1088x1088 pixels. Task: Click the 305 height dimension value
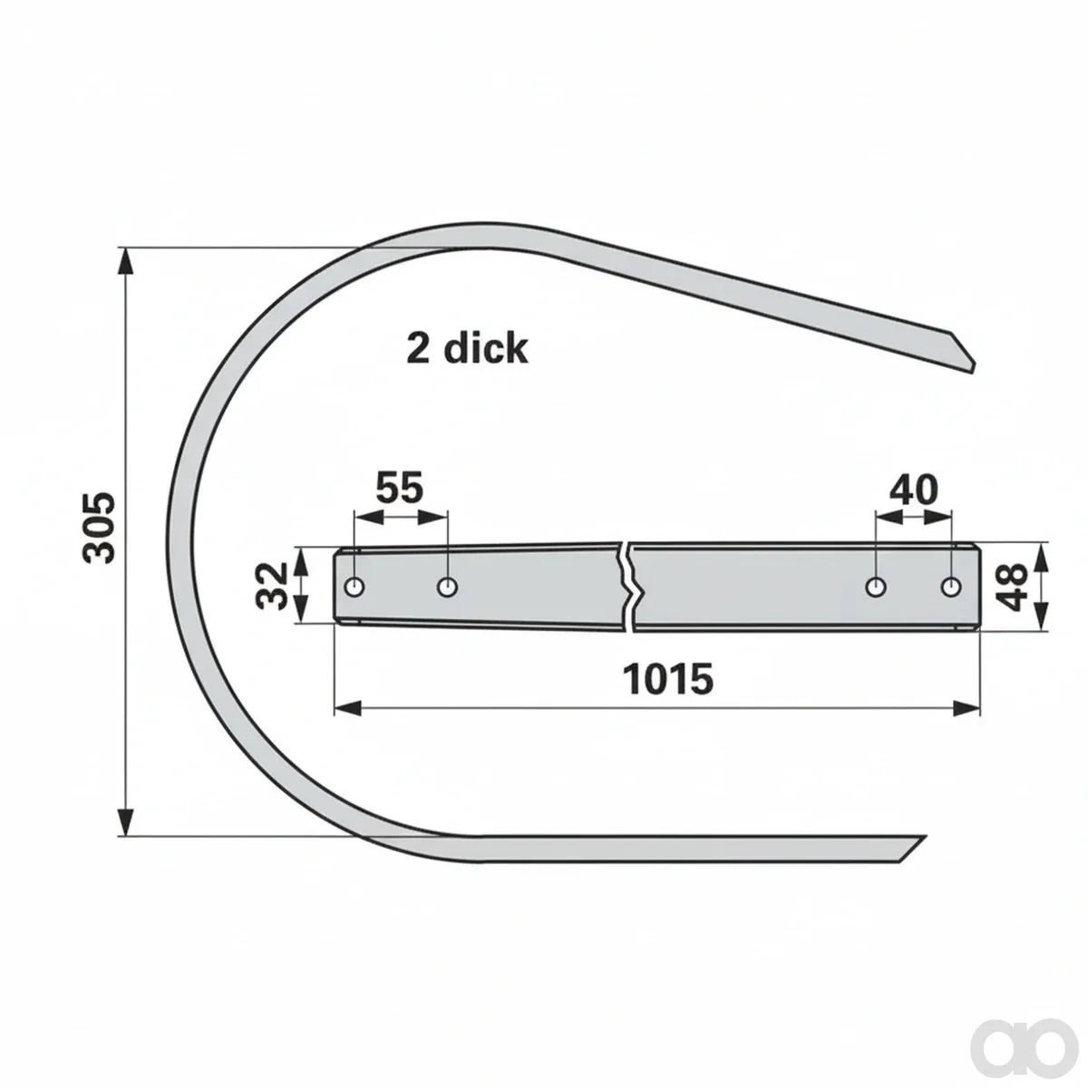click(100, 529)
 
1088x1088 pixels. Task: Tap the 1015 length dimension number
click(668, 679)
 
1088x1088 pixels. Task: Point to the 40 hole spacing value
click(914, 490)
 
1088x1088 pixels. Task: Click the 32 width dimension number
click(272, 588)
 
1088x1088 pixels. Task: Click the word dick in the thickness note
click(486, 348)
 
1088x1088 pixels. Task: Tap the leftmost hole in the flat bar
click(355, 588)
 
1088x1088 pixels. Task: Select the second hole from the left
click(447, 588)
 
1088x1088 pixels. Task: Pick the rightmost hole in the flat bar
click(951, 588)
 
